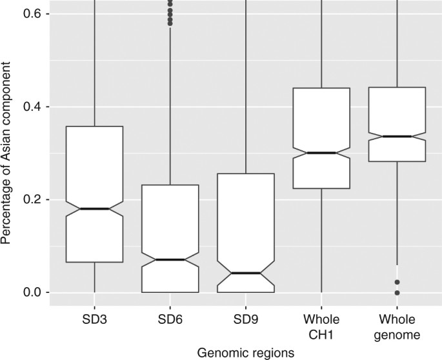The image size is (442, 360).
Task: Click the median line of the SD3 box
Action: click(x=95, y=209)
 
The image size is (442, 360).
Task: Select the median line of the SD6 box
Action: click(x=170, y=259)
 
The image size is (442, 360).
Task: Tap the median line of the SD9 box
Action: click(x=246, y=273)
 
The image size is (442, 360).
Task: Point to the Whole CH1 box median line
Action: click(x=321, y=153)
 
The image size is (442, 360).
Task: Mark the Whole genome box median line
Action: click(x=397, y=137)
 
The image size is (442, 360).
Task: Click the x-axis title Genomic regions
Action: click(x=246, y=352)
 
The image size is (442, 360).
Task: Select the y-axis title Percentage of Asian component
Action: click(x=8, y=152)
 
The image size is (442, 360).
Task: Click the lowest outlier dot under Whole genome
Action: click(x=397, y=293)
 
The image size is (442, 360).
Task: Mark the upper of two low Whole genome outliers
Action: click(x=397, y=282)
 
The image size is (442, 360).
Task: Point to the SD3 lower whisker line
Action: click(x=95, y=277)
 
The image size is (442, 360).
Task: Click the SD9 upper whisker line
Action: click(x=246, y=84)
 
